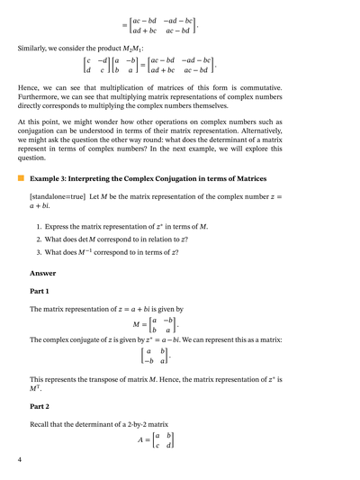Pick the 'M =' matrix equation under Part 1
[x=155, y=323]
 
